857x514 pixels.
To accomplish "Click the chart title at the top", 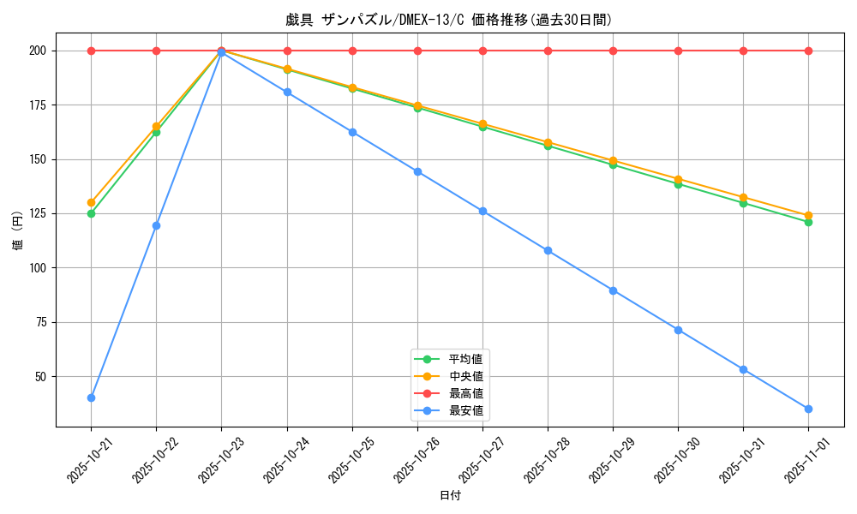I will pos(449,20).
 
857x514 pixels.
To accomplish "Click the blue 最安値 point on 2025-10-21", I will pos(91,397).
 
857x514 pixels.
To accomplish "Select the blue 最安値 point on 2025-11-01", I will pos(808,409).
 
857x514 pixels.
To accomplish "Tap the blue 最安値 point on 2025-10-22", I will pos(156,225).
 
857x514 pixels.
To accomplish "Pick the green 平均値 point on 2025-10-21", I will pos(91,213).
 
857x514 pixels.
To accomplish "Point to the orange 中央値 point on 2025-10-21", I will pos(91,203).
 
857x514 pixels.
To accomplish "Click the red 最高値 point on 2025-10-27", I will pos(482,51).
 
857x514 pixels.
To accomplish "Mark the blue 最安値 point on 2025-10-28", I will pos(548,250).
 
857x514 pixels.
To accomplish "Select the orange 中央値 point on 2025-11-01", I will pos(808,216).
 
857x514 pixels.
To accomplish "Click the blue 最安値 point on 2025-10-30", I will pos(678,330).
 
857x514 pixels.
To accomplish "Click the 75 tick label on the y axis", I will pos(39,322).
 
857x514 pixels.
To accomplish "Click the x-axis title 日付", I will pos(450,496).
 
